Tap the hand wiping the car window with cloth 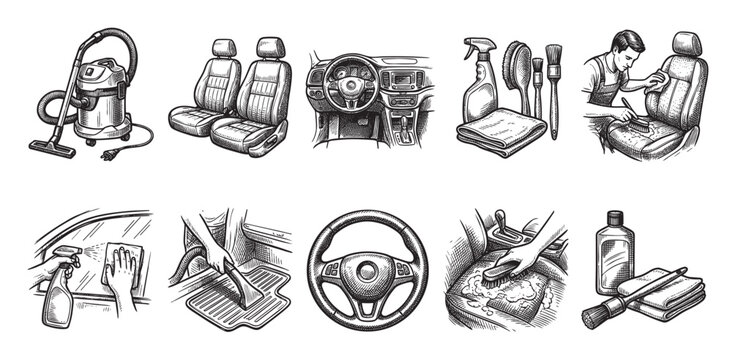coord(120,278)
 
